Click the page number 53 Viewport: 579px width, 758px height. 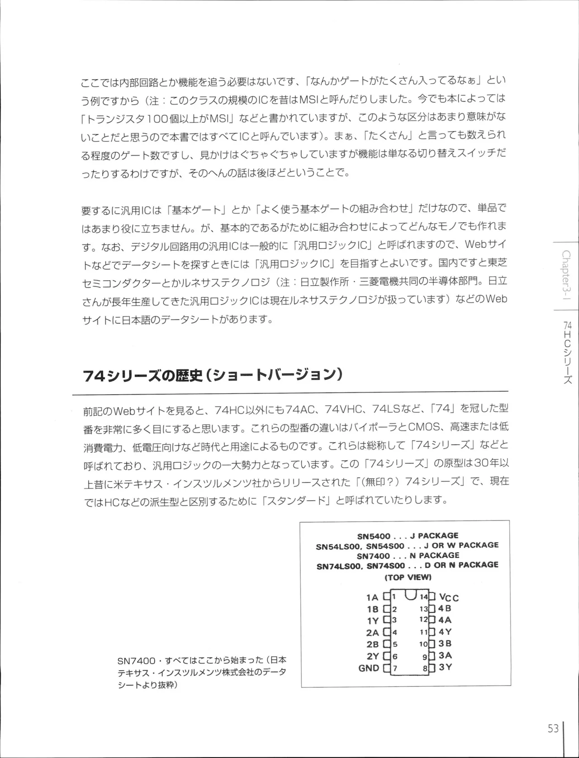coord(553,729)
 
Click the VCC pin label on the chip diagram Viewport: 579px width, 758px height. coord(449,597)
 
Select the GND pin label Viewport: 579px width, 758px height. coord(369,668)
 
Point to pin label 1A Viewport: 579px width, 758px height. coord(372,597)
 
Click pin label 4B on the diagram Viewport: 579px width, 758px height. coord(445,609)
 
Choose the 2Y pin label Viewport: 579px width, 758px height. coord(372,656)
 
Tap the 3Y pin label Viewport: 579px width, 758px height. coord(445,667)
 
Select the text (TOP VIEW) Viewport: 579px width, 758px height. coord(408,577)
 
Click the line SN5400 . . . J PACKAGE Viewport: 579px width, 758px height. coord(408,536)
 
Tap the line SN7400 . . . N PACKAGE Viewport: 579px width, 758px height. coord(408,555)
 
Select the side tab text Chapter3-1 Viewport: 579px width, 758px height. coord(566,275)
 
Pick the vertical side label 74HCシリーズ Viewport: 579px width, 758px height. coord(568,352)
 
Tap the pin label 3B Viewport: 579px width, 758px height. coord(445,644)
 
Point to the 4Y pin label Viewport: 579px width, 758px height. coord(445,632)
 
